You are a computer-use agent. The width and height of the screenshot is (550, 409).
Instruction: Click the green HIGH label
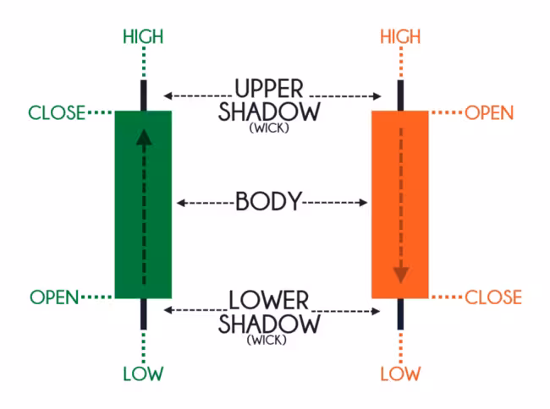(143, 36)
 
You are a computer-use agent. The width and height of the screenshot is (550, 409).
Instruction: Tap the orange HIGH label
(400, 36)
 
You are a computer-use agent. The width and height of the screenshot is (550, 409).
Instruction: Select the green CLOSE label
(57, 112)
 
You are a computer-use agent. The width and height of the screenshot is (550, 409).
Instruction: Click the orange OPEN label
(489, 112)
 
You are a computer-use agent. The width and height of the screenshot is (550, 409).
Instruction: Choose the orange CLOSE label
(492, 297)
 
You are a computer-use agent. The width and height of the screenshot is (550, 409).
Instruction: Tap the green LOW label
(143, 373)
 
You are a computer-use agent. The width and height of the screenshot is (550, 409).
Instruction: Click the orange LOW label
(400, 373)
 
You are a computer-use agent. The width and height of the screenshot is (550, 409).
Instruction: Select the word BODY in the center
(268, 202)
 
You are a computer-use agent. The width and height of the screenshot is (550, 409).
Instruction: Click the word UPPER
(270, 89)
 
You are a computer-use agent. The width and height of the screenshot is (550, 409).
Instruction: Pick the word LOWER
(270, 301)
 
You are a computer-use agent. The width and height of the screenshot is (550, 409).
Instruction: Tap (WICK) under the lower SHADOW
(270, 341)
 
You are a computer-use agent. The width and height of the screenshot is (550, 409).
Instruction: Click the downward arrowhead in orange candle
(400, 273)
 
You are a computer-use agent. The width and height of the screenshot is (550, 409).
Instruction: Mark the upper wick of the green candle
(143, 95)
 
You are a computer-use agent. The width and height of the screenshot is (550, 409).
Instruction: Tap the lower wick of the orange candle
(400, 314)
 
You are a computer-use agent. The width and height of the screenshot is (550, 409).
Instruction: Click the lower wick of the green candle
(143, 314)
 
